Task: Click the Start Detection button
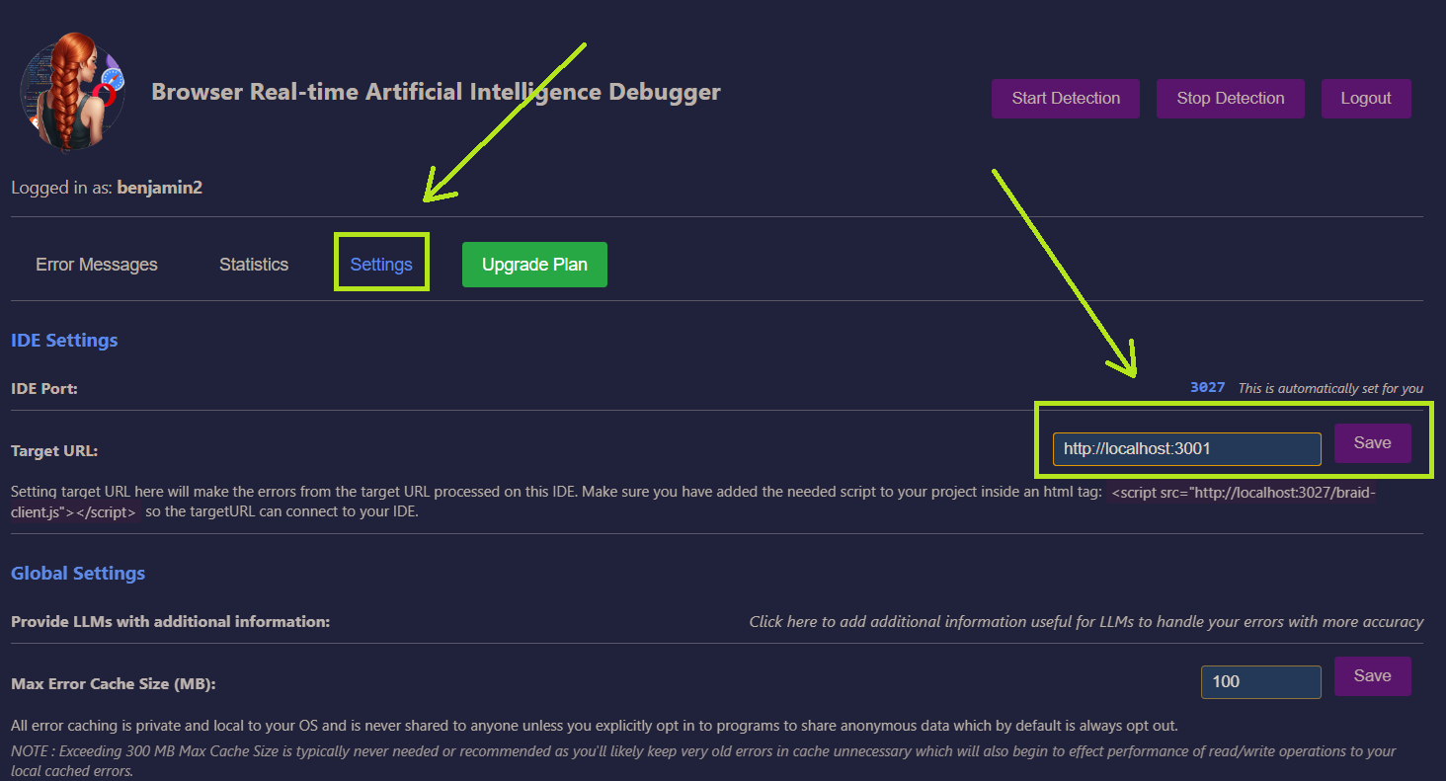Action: click(1065, 99)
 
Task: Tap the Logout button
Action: click(1366, 99)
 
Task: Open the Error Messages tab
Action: click(97, 265)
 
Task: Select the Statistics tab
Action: click(254, 265)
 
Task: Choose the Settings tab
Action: click(381, 265)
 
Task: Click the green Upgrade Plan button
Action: click(534, 265)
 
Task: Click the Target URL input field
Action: click(1185, 448)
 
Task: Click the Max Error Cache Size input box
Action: click(1260, 681)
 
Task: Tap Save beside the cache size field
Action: click(1372, 676)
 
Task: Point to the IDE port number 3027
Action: click(1207, 388)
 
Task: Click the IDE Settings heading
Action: click(64, 341)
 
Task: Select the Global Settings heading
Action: click(78, 574)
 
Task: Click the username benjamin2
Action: click(160, 187)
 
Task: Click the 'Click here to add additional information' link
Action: click(1085, 622)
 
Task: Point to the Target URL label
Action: click(54, 451)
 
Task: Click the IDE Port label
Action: click(44, 389)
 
